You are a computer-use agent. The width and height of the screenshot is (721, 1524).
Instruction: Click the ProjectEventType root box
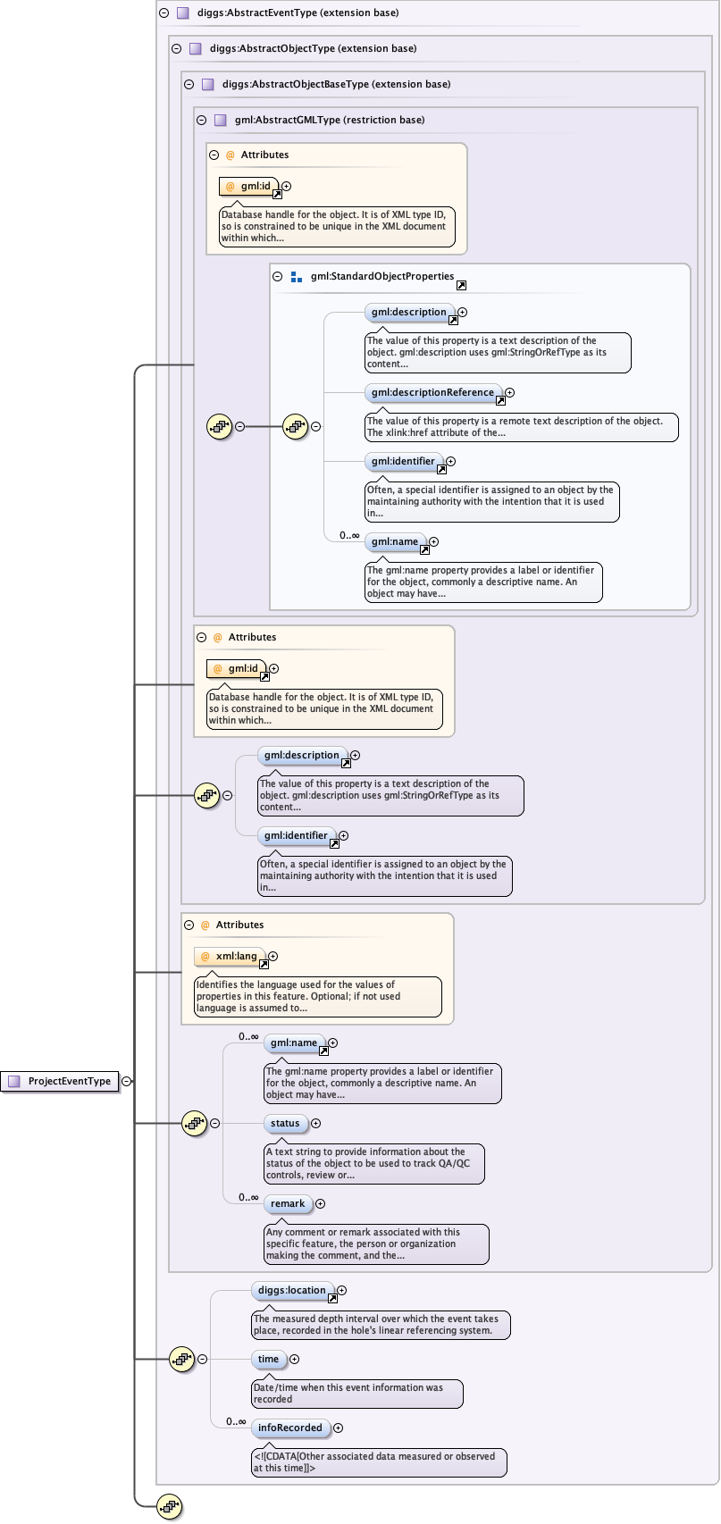pos(61,1081)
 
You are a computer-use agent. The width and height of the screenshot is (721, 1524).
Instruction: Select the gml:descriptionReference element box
pos(432,393)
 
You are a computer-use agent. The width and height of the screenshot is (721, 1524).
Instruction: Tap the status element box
pos(285,1124)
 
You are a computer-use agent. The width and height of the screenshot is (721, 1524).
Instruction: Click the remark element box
pos(288,1204)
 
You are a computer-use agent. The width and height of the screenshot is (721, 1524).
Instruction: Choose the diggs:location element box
pos(291,1291)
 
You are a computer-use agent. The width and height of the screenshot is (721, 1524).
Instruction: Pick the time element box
pos(268,1360)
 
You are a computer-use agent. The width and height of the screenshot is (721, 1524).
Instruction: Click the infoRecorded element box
pos(289,1428)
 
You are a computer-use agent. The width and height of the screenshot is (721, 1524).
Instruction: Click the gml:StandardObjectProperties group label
pos(382,277)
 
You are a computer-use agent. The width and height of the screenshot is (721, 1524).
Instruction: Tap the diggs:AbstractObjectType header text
pos(313,49)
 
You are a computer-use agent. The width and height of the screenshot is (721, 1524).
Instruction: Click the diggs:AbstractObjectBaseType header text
pos(336,85)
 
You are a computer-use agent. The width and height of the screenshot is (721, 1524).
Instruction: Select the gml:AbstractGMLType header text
pos(329,121)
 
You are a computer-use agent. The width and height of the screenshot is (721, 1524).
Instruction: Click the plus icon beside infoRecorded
pos(338,1428)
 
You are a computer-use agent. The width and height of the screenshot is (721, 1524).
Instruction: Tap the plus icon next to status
pos(315,1124)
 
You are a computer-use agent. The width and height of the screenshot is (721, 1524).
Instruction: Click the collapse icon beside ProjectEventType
pos(127,1081)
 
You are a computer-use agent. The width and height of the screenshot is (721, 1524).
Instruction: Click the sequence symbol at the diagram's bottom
pos(169,1507)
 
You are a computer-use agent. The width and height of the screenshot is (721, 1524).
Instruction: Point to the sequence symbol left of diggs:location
pos(182,1360)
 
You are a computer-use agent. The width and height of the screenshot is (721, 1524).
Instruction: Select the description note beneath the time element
pos(357,1394)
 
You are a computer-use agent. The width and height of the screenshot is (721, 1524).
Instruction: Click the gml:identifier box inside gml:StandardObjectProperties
pos(403,462)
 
